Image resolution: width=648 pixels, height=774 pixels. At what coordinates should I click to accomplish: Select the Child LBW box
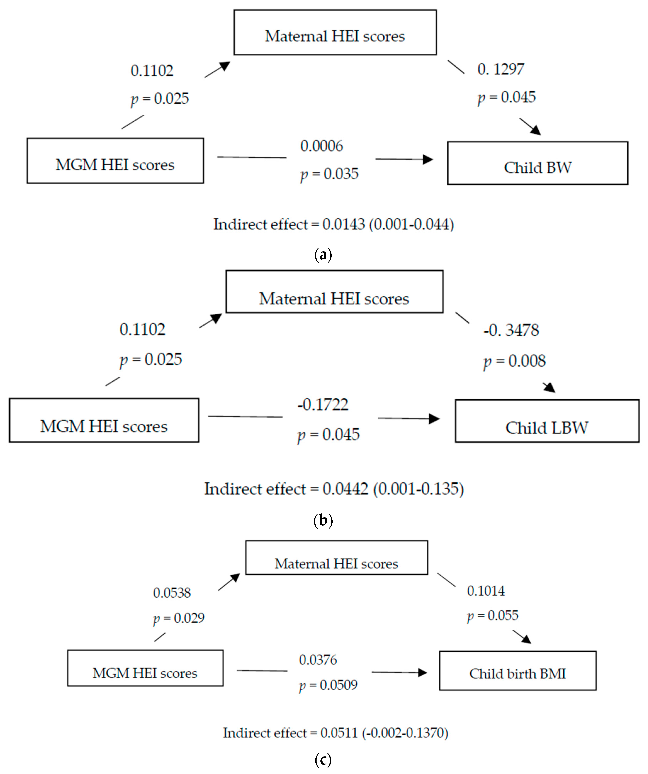[547, 421]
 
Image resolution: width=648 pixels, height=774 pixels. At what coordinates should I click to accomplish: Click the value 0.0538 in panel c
[172, 593]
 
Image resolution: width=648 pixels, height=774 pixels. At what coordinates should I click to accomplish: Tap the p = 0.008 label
[515, 361]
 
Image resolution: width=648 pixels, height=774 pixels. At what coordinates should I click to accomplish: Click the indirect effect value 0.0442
[345, 489]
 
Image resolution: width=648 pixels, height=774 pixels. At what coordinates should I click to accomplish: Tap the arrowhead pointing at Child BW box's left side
[428, 159]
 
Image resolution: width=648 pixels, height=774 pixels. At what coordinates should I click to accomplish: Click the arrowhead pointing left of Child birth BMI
[423, 673]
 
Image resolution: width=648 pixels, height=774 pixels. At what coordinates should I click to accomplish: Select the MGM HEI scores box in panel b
[104, 420]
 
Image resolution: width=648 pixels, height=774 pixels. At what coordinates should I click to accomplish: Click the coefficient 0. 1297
[500, 69]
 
